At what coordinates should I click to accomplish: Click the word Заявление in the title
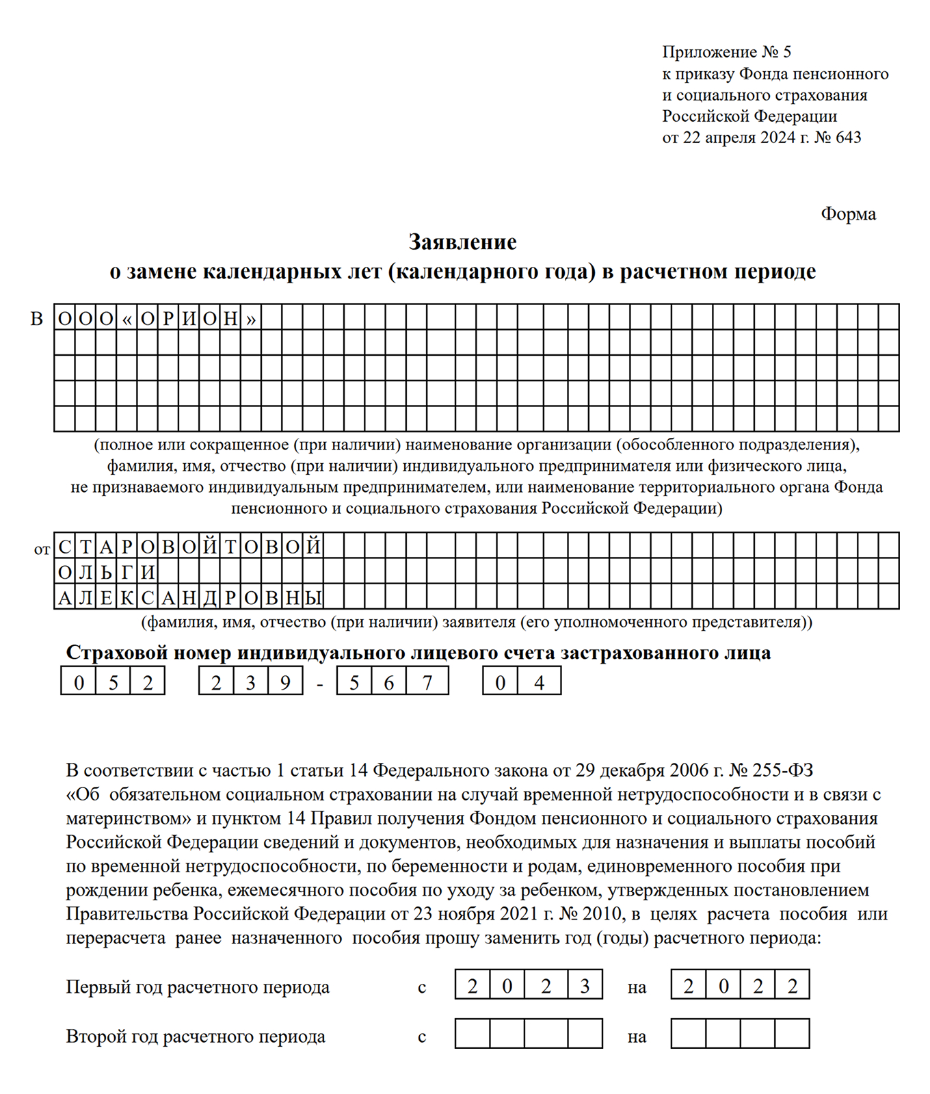[x=462, y=242]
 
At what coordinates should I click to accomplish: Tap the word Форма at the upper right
[x=848, y=214]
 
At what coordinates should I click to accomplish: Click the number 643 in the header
[x=848, y=138]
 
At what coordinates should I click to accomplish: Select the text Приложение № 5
[x=726, y=52]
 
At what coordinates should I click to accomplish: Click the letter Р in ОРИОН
[x=168, y=318]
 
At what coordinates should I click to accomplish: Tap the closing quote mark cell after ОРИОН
[x=251, y=318]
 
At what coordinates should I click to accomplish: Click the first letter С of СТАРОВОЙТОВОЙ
[x=64, y=547]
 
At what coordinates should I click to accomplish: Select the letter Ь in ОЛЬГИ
[x=106, y=572]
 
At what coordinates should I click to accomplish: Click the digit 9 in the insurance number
[x=285, y=682]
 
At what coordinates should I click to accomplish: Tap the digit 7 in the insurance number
[x=427, y=682]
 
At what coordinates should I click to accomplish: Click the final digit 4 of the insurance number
[x=540, y=682]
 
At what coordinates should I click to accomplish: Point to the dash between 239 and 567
[x=320, y=683]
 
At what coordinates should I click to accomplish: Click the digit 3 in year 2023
[x=585, y=986]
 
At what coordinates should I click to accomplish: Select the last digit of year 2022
[x=793, y=986]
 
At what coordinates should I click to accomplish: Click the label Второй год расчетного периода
[x=196, y=1037]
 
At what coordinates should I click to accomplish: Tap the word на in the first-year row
[x=637, y=988]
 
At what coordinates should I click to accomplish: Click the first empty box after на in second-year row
[x=689, y=1034]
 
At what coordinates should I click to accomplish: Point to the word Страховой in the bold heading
[x=116, y=653]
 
